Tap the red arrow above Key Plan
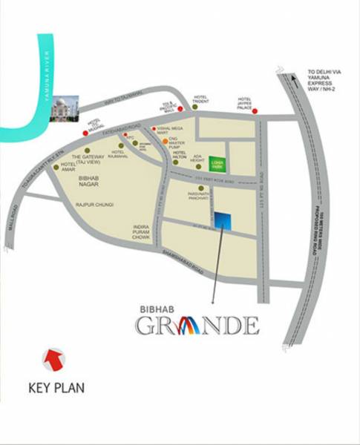point(53,359)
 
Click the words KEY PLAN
point(56,387)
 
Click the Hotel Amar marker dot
point(56,168)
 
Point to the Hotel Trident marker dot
point(194,108)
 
